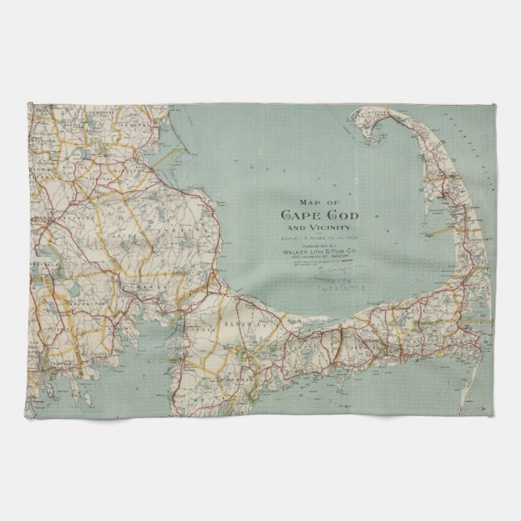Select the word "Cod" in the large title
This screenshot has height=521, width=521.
[341, 215]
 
